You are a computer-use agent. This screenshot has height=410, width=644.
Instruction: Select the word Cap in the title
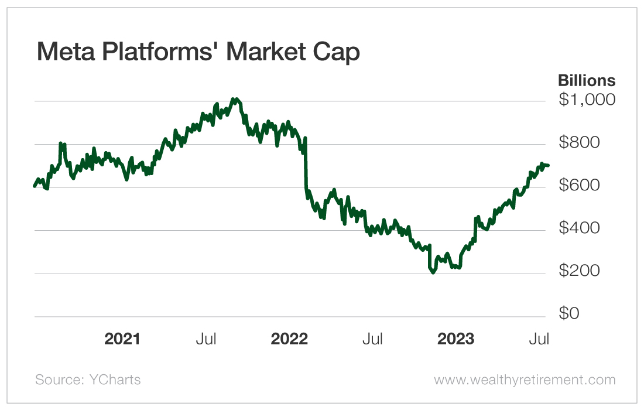click(338, 52)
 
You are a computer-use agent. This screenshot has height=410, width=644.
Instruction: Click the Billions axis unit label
click(586, 80)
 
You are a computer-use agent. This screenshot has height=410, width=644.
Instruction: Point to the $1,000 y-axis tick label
click(587, 100)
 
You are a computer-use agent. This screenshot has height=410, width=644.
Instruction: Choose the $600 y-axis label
click(580, 186)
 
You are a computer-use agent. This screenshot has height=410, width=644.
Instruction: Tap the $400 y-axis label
click(580, 229)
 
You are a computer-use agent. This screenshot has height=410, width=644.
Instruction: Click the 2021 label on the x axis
click(122, 339)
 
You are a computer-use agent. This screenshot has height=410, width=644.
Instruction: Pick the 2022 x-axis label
click(289, 339)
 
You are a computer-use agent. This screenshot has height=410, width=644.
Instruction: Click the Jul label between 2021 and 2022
click(207, 339)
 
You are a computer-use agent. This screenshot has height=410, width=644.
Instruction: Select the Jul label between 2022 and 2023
click(372, 339)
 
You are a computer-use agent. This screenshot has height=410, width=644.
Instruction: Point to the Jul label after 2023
click(539, 339)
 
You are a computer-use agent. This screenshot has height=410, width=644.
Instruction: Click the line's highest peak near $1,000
click(235, 99)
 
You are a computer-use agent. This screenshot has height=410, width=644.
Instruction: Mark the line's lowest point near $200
click(433, 272)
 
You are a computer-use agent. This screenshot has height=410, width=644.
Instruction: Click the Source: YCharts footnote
click(88, 380)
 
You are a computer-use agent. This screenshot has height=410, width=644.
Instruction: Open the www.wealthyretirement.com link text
click(525, 380)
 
